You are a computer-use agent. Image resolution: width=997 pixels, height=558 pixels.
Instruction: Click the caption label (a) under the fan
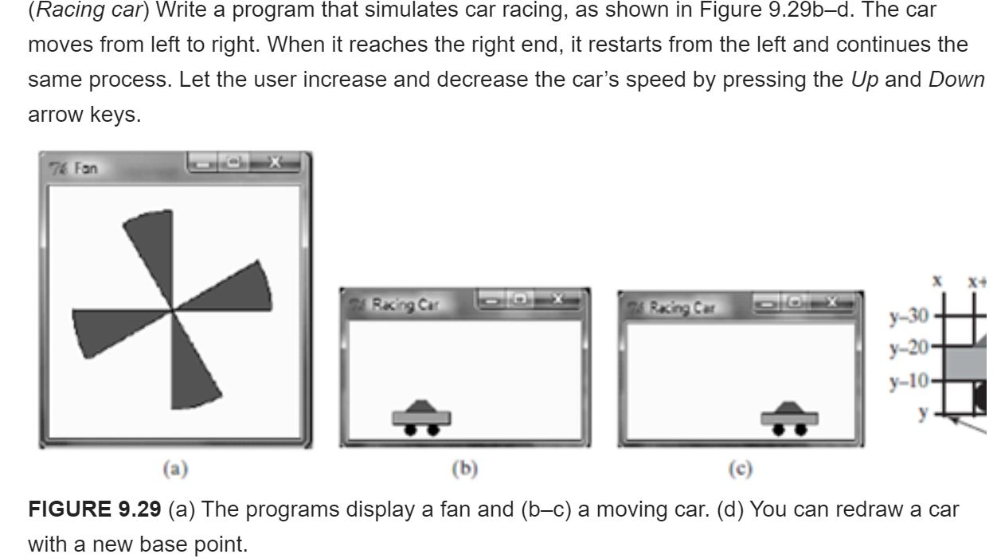click(175, 470)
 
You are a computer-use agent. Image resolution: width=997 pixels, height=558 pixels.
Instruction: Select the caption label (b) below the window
click(464, 470)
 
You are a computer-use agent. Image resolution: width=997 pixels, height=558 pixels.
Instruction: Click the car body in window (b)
click(422, 417)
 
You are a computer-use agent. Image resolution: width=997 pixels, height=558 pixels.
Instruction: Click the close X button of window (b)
click(557, 299)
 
